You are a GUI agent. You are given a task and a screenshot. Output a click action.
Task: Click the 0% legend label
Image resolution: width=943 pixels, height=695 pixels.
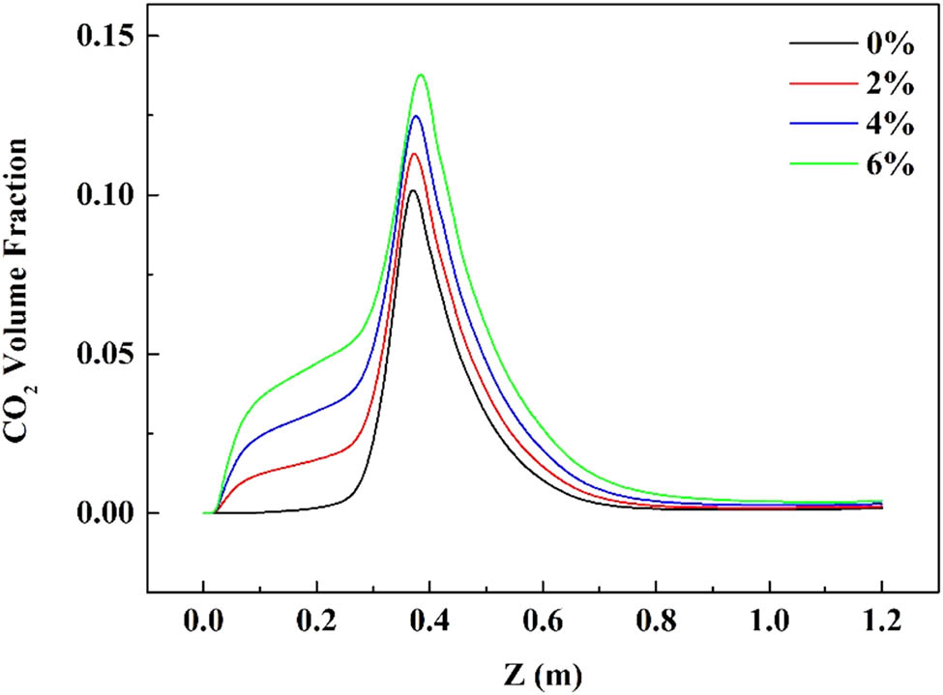pos(887,43)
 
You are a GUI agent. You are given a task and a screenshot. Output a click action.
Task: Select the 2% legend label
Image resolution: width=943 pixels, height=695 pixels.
pos(887,84)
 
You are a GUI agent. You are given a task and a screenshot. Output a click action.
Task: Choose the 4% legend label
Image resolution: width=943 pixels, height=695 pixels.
pos(887,125)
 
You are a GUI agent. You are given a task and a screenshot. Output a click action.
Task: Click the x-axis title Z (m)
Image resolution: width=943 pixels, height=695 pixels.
pos(542,668)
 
